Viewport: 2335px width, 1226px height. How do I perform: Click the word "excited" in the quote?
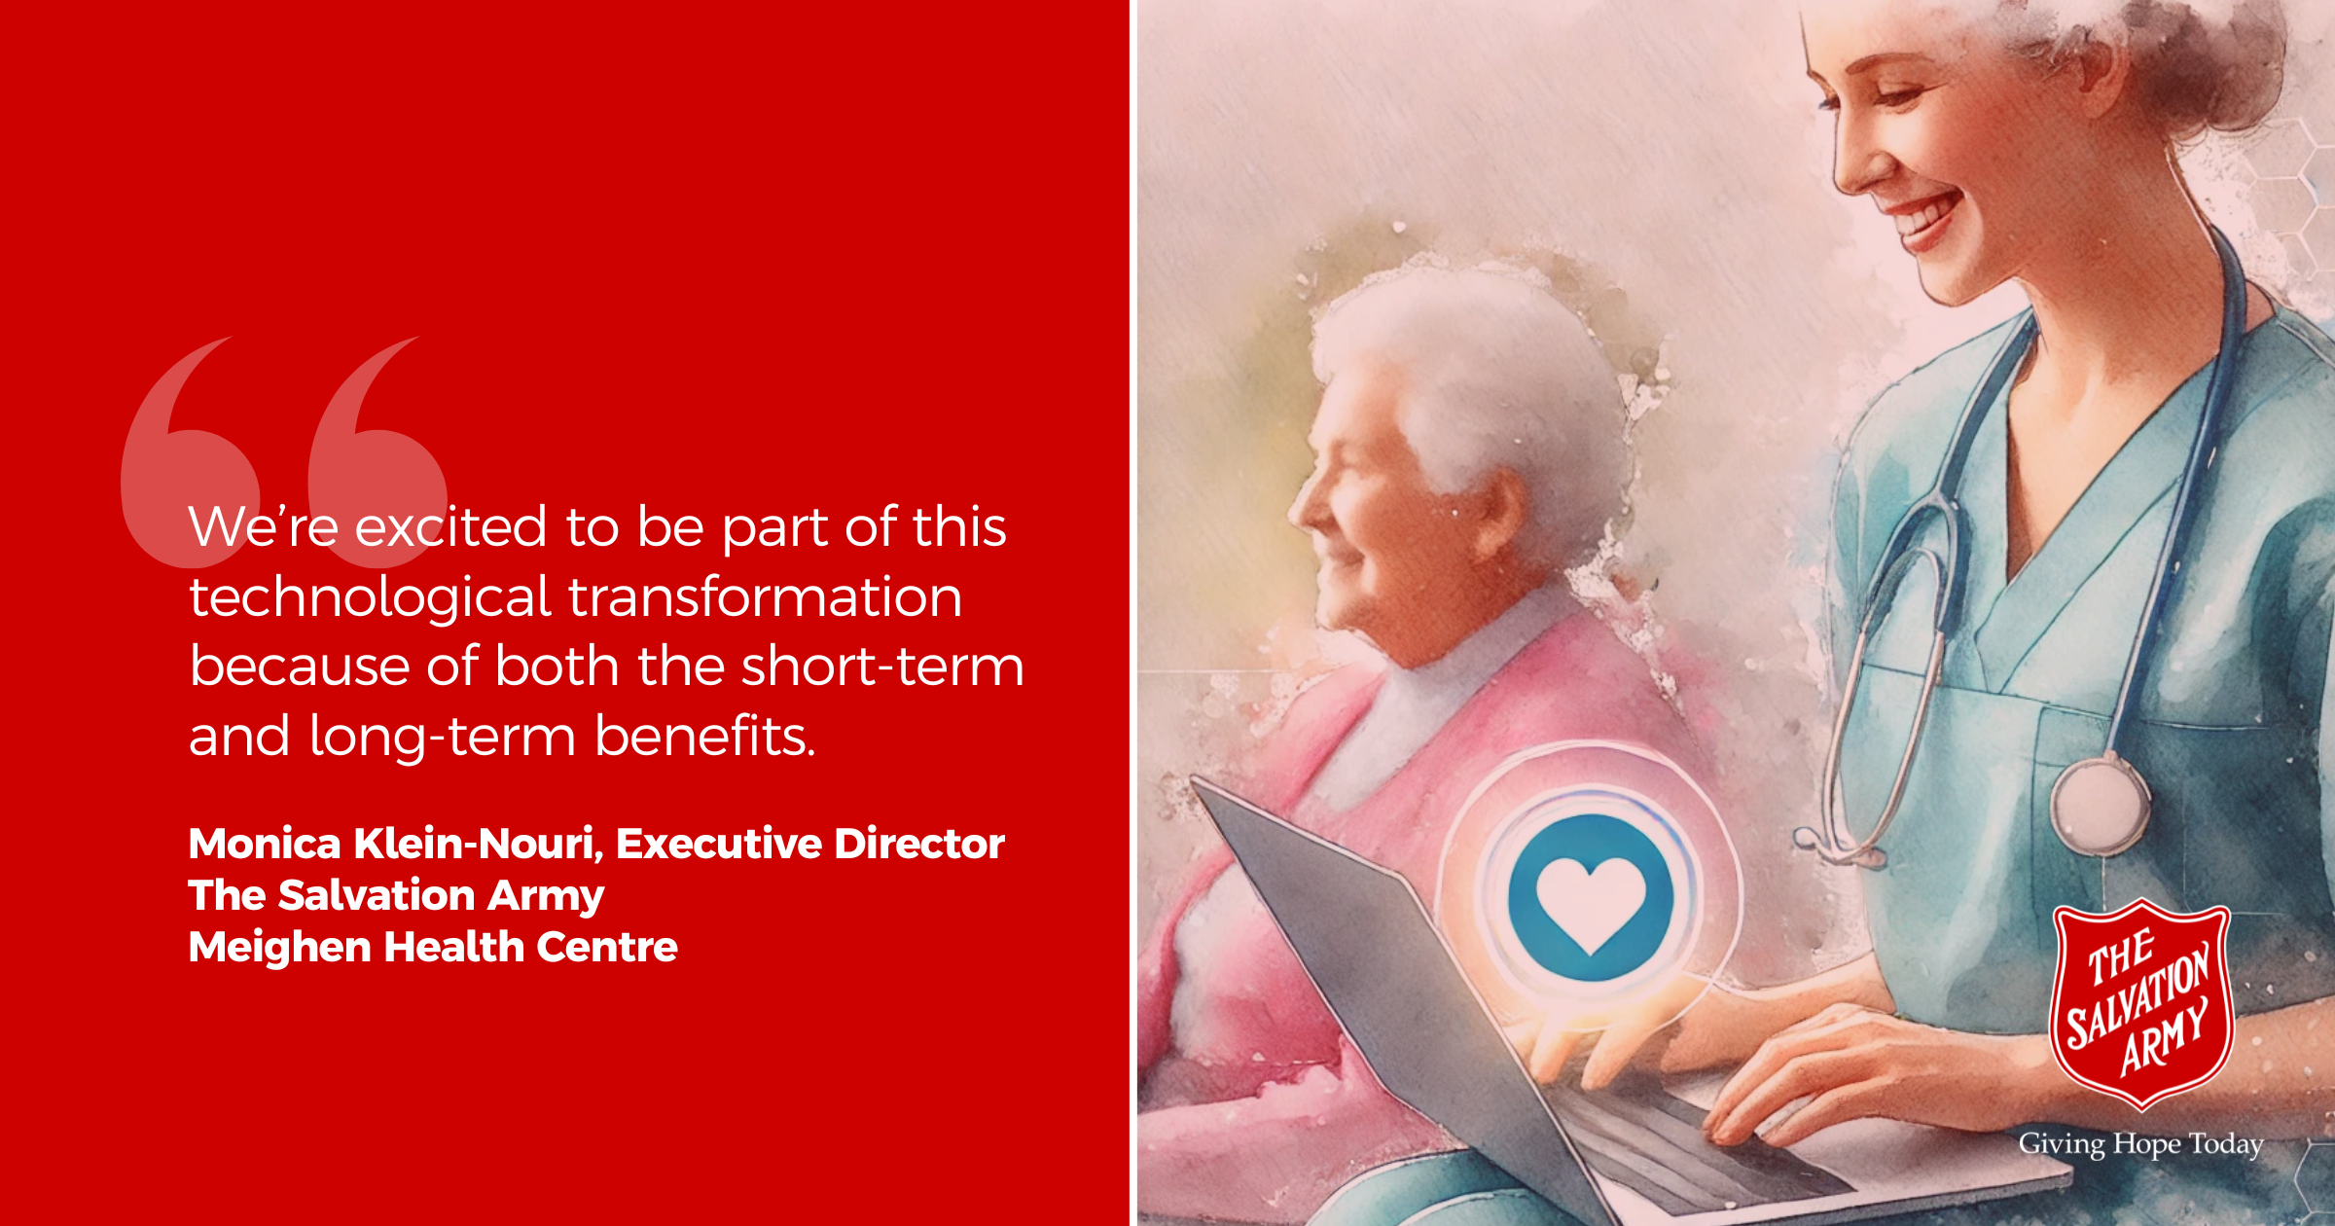pyautogui.click(x=450, y=527)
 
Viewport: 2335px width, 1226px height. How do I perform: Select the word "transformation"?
pyautogui.click(x=766, y=596)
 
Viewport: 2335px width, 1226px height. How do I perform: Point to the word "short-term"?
pyautogui.click(x=882, y=667)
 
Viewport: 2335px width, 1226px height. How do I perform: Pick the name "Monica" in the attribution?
pyautogui.click(x=265, y=844)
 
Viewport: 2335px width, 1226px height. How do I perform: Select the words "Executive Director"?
pyautogui.click(x=809, y=844)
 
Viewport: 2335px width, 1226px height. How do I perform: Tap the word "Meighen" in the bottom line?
pyautogui.click(x=282, y=948)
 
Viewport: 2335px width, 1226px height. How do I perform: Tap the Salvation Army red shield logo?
pyautogui.click(x=2140, y=1003)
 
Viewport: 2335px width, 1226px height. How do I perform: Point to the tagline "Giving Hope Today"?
pyautogui.click(x=2140, y=1144)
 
